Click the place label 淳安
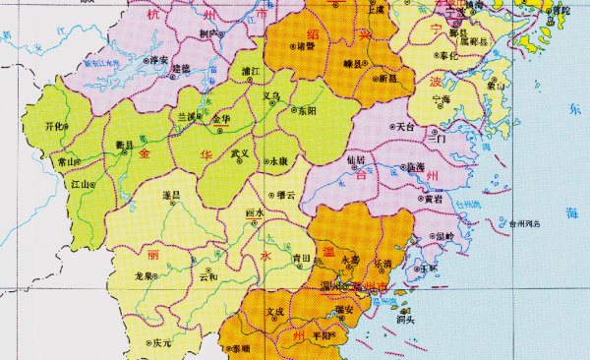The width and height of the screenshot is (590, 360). tap(160, 59)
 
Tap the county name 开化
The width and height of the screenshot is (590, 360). tap(55, 126)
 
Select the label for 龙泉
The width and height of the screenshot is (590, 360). tap(145, 277)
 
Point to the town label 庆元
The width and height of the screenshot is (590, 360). tap(162, 343)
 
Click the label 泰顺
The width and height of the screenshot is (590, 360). tap(239, 349)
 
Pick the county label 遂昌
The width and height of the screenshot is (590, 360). tap(170, 196)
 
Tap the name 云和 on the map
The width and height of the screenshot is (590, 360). tap(207, 277)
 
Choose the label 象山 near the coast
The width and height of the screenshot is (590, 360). tap(496, 86)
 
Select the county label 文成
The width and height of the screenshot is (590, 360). tap(274, 312)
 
